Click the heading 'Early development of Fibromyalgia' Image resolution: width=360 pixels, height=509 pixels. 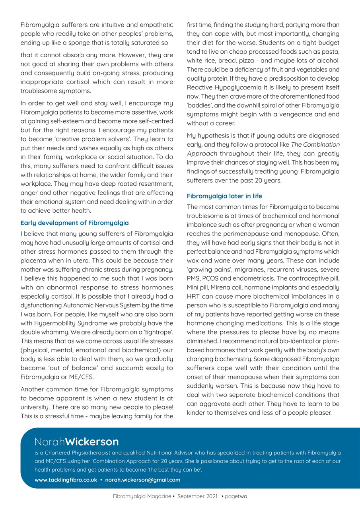click(74, 223)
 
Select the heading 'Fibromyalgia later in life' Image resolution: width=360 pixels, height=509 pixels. click(224, 196)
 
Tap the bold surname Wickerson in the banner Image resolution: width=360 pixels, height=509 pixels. click(92, 441)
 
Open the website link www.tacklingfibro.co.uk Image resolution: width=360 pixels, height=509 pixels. click(66, 480)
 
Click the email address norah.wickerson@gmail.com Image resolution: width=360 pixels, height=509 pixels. click(142, 480)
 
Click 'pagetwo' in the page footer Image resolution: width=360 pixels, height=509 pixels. click(236, 497)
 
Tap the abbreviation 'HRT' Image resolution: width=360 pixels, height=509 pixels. click(194, 296)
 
